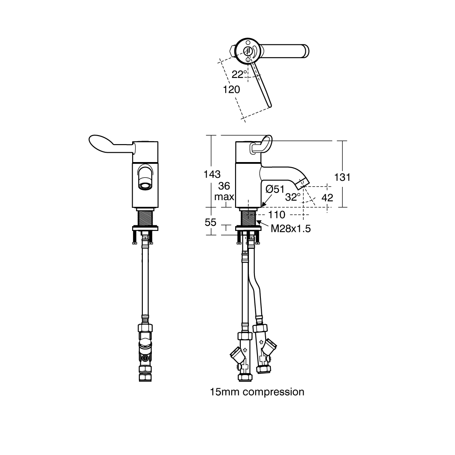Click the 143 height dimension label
coord(213,174)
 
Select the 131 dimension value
coord(342,177)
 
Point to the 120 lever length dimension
coord(231,90)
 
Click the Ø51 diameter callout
coord(275,189)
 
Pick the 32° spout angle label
coord(293,198)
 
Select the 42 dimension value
coord(327,198)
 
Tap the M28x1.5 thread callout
coord(291,229)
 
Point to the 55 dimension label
coord(210,223)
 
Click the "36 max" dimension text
coord(224,192)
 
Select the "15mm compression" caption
coord(257,392)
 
